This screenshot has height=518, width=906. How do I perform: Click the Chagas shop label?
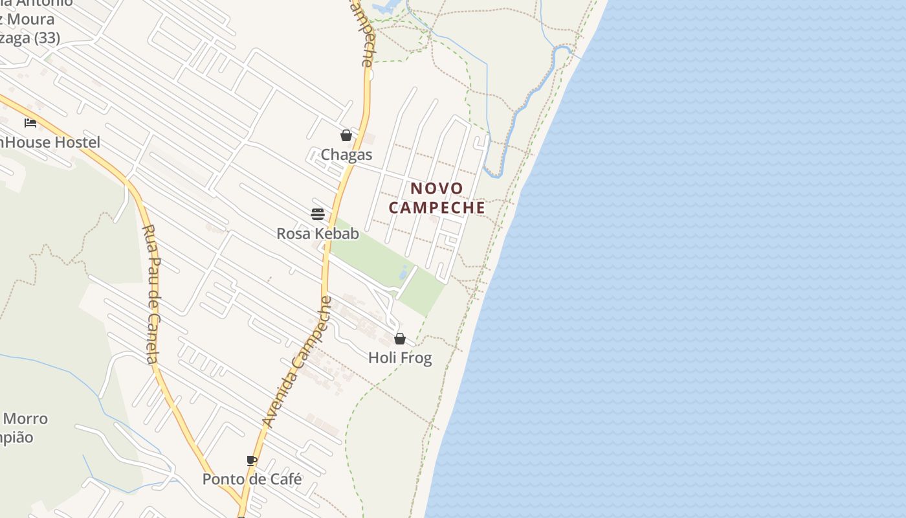tap(347, 155)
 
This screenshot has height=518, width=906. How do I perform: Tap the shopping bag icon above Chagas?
tap(346, 135)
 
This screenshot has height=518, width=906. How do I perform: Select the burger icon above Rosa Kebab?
tap(317, 214)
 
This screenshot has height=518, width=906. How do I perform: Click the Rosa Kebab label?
tap(317, 233)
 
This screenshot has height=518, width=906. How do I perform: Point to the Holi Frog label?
tap(400, 357)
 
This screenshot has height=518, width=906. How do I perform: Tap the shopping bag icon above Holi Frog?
tap(400, 339)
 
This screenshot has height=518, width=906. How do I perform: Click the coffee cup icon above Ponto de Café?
tap(252, 460)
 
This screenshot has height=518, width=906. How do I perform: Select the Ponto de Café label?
tap(252, 479)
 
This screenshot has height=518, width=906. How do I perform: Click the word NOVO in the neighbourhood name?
tap(437, 188)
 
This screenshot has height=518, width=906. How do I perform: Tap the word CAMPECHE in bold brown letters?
tap(437, 207)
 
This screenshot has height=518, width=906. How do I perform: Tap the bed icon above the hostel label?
tap(30, 123)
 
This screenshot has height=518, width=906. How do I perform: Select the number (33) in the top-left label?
tap(47, 38)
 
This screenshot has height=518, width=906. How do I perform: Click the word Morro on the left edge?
tap(26, 418)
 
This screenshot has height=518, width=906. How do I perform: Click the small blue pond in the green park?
tap(404, 272)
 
